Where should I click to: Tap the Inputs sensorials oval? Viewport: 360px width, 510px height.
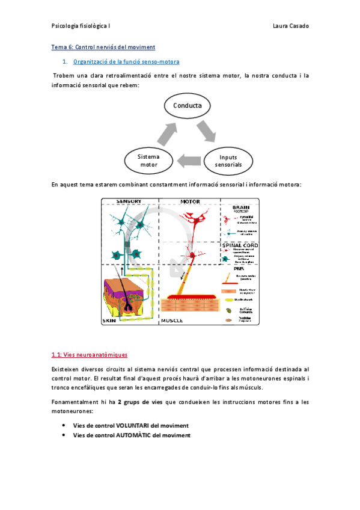tap(228, 161)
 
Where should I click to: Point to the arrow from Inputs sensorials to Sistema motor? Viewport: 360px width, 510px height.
tap(188, 160)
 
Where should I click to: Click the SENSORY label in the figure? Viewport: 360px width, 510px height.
tap(129, 201)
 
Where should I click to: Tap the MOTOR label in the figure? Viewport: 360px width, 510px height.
tap(190, 201)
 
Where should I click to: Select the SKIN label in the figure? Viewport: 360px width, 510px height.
tap(109, 321)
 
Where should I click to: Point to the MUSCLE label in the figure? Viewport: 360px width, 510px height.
tap(175, 321)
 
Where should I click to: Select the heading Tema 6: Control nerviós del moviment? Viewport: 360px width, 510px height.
tap(103, 47)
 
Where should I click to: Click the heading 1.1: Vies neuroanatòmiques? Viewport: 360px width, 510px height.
tap(90, 355)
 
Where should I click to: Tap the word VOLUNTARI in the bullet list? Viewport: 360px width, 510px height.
tap(132, 426)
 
